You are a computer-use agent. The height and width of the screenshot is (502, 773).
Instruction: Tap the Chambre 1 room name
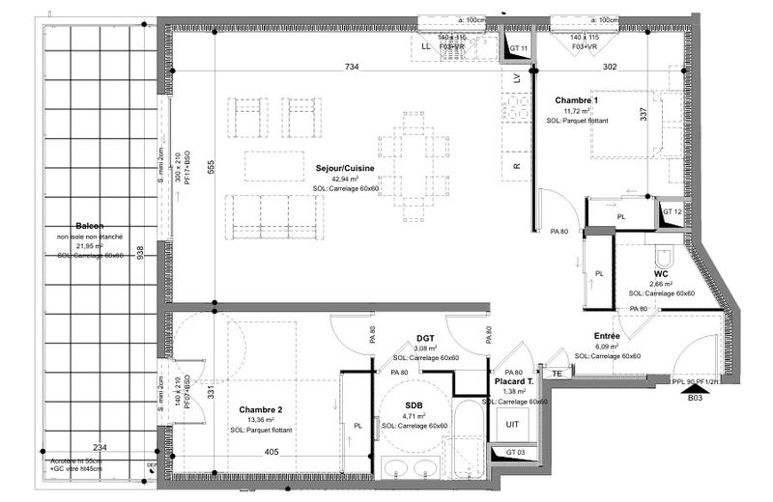click(576, 100)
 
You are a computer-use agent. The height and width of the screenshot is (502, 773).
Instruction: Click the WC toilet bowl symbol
click(663, 256)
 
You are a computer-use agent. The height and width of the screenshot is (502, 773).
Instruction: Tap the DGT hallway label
click(426, 337)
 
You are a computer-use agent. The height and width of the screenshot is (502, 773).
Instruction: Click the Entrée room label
click(608, 336)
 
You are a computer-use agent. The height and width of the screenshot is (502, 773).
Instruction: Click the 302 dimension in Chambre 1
click(611, 68)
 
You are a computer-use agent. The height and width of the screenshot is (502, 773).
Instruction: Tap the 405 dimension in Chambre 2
click(272, 451)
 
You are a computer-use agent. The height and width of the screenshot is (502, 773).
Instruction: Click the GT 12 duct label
click(673, 211)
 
